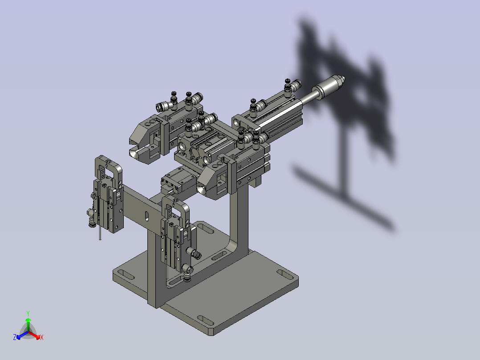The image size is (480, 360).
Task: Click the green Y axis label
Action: [x=28, y=313]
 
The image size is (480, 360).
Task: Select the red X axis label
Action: [x=42, y=338]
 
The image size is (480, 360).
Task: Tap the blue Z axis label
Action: [x=15, y=338]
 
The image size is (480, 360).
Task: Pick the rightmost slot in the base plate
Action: [x=282, y=272]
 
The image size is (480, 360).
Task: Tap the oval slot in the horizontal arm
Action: [x=146, y=216]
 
